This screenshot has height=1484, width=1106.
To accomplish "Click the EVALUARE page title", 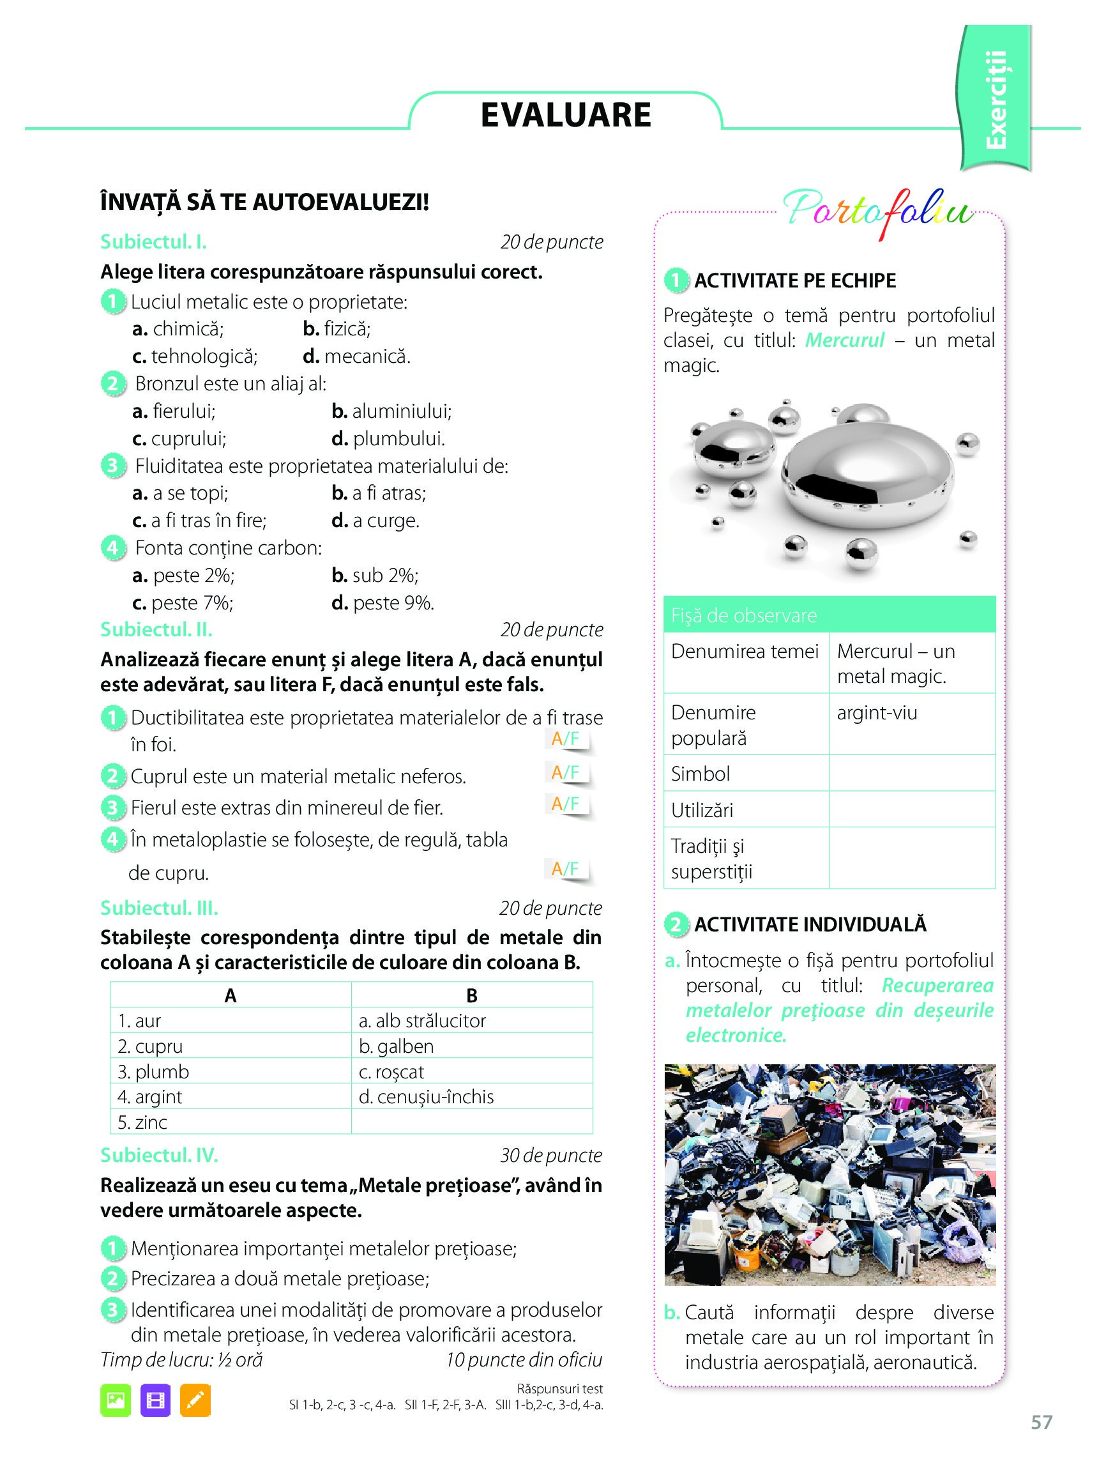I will click(x=566, y=115).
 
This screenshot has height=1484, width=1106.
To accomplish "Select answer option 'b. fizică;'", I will click(x=337, y=329).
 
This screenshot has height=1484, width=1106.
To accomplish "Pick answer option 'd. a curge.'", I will click(x=375, y=521).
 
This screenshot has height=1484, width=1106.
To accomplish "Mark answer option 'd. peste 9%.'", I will click(x=383, y=602).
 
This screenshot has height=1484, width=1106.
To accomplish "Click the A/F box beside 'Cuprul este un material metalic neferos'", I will click(x=566, y=773).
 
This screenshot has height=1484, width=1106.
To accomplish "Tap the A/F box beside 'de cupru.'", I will click(x=566, y=869).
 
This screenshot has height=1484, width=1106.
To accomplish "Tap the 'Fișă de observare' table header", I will click(x=829, y=615).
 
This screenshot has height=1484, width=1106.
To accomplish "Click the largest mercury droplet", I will click(x=869, y=475).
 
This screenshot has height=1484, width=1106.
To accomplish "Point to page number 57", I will click(x=1042, y=1441).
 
